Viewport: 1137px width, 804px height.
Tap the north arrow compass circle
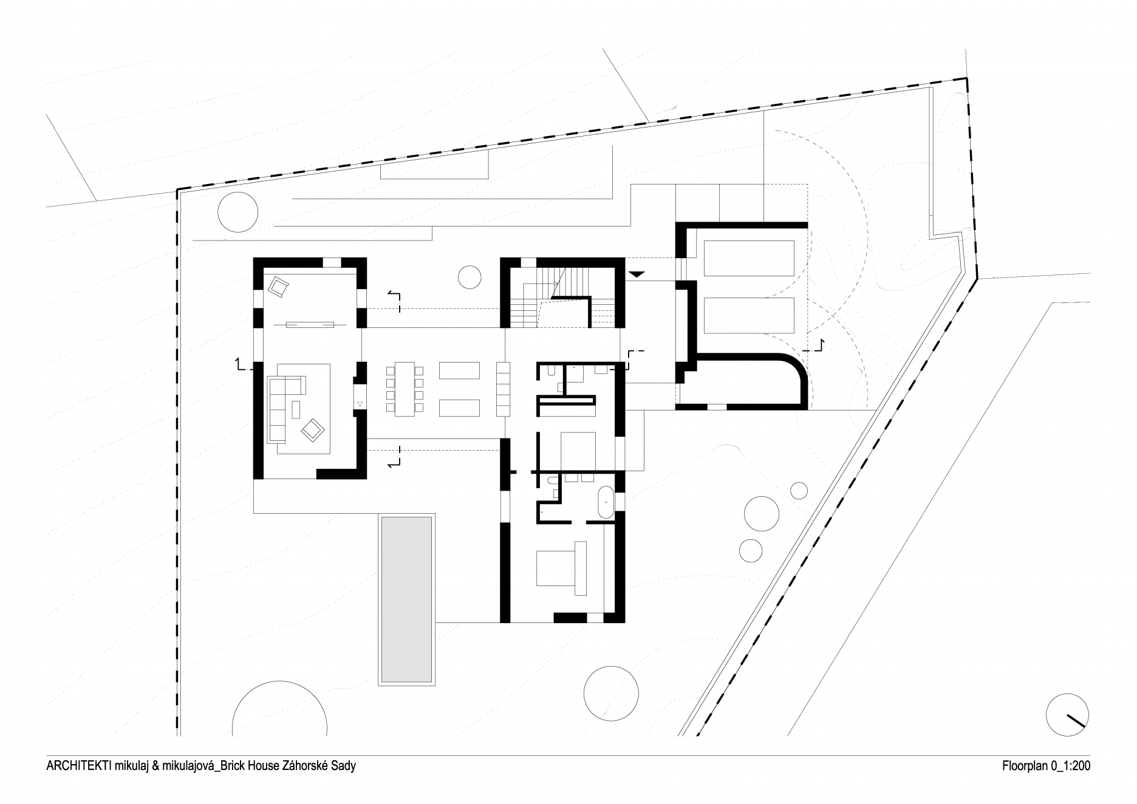(x=1068, y=714)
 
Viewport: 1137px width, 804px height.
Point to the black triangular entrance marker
(x=635, y=275)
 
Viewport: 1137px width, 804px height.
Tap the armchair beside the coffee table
(x=313, y=429)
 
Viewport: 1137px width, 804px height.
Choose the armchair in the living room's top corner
(x=279, y=286)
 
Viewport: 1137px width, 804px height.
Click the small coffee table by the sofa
(x=296, y=409)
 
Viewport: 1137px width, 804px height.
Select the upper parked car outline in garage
(x=749, y=258)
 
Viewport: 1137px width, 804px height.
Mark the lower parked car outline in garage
(x=749, y=315)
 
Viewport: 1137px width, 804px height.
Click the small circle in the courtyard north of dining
(x=469, y=278)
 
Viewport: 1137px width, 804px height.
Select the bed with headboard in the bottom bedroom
(x=561, y=568)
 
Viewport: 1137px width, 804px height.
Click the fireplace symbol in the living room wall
(x=360, y=402)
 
